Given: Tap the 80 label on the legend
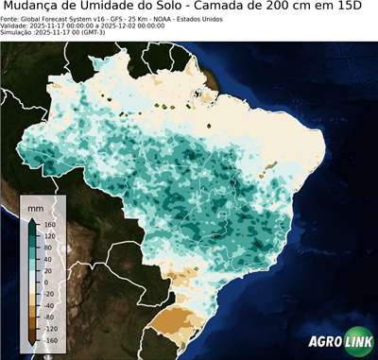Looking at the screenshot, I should [x=46, y=248].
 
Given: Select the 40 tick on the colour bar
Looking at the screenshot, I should [x=46, y=259].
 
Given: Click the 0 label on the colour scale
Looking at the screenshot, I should [x=44, y=282].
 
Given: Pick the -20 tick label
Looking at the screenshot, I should [x=47, y=293].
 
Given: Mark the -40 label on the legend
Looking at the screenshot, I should [x=47, y=304].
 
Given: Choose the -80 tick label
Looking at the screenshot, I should [x=47, y=316].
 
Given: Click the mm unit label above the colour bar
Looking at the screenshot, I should [x=37, y=206].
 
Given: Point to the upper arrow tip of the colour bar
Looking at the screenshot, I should [x=32, y=217].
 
